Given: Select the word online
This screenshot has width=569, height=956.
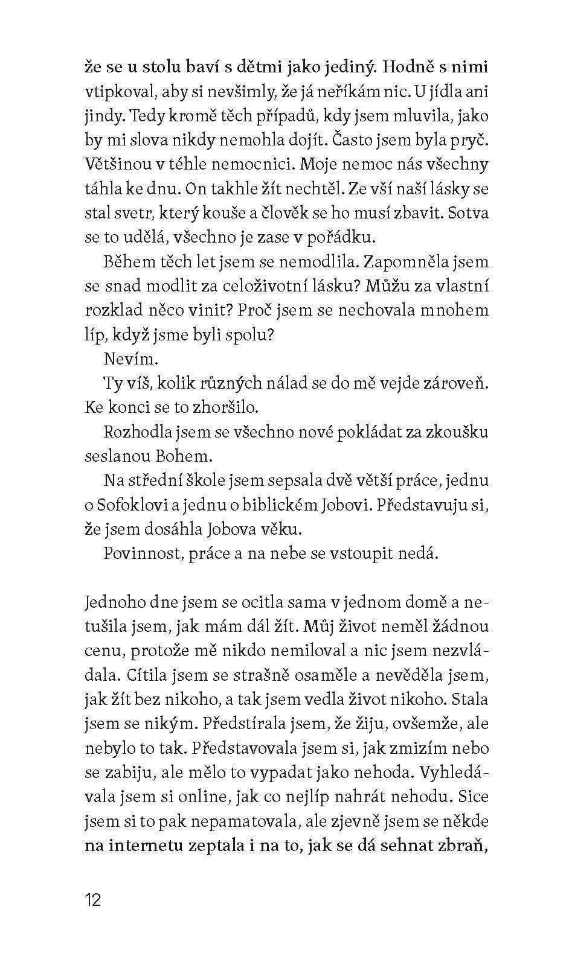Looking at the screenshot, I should click(198, 797).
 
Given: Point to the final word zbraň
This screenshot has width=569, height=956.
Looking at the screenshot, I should click(466, 845).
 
